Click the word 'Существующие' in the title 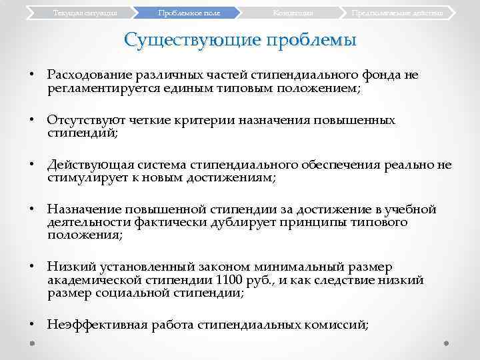pyautogui.click(x=193, y=40)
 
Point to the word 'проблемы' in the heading pyautogui.click(x=311, y=40)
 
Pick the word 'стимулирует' pyautogui.click(x=83, y=179)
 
